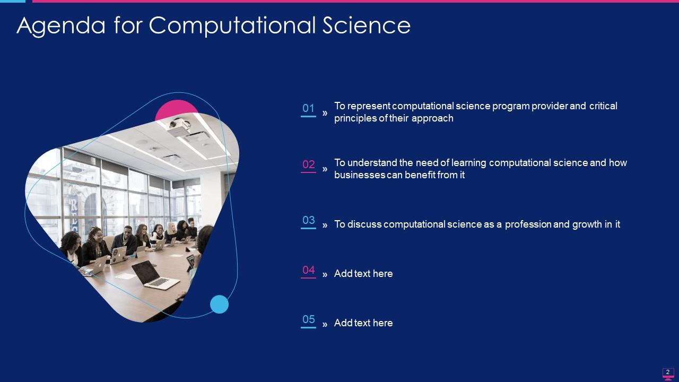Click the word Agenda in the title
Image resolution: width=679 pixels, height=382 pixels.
61,25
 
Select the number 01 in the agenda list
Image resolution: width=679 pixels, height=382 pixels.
308,108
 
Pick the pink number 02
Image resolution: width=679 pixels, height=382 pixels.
308,164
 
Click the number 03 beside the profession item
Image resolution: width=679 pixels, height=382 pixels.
308,220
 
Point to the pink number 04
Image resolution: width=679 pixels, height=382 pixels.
308,270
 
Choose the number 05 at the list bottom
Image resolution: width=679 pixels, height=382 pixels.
308,319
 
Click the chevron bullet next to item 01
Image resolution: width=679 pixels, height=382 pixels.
325,114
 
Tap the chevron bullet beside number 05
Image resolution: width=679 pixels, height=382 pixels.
325,324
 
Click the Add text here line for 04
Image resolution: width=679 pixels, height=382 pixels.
363,273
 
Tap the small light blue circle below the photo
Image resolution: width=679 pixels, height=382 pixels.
219,304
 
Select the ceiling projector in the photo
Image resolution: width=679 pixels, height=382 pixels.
179,127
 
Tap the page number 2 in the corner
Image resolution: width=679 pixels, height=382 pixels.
668,372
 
